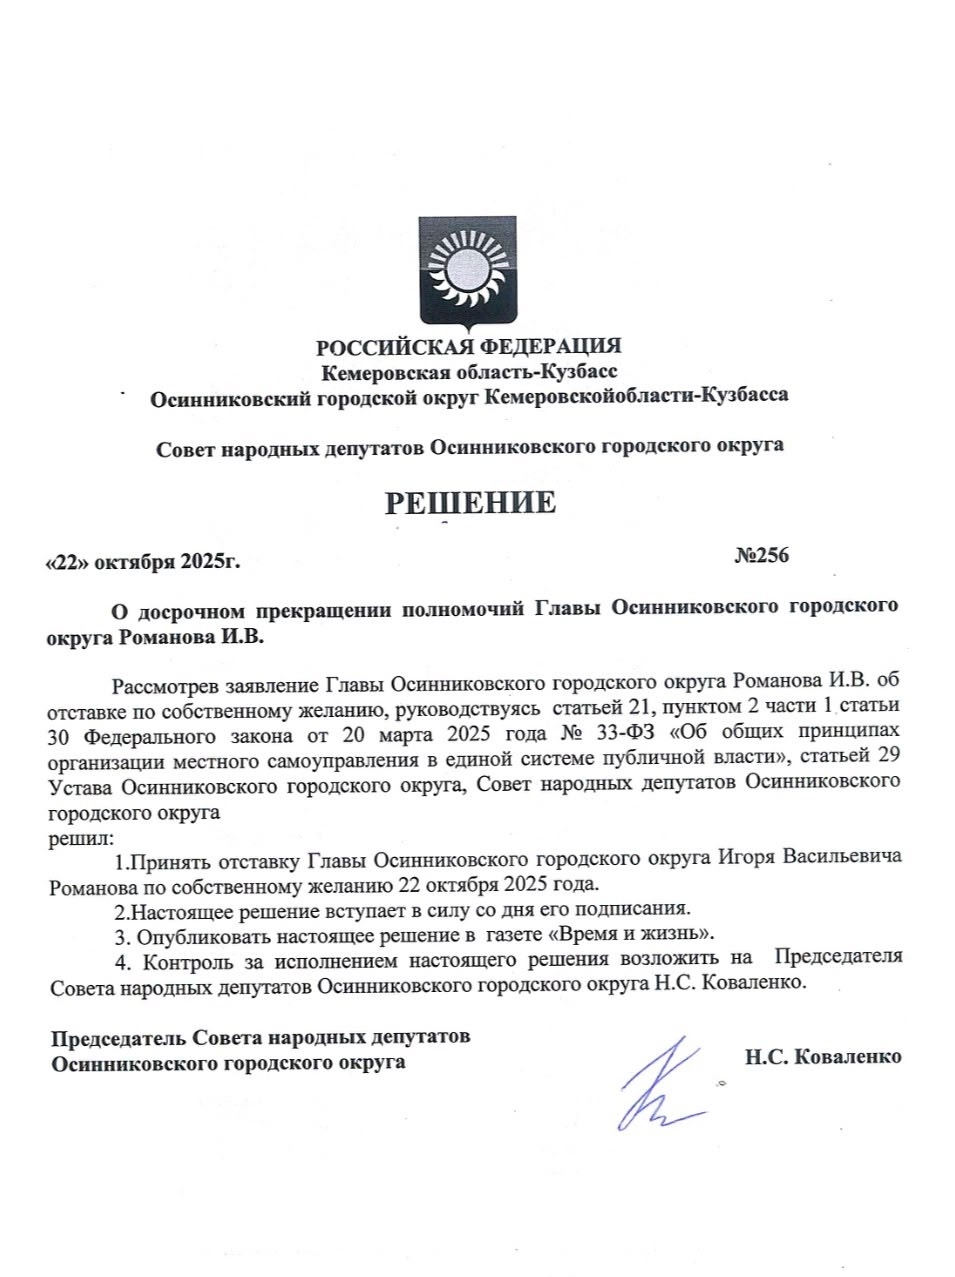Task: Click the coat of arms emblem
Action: click(x=467, y=271)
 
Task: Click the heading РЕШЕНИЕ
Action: click(x=470, y=502)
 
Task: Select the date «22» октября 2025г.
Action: click(x=143, y=561)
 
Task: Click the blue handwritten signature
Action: click(x=660, y=1085)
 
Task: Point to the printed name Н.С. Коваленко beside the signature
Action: click(x=822, y=1056)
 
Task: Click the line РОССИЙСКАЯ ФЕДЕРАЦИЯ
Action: click(x=468, y=347)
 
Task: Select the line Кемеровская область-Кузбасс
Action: click(x=468, y=371)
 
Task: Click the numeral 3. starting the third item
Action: click(x=121, y=937)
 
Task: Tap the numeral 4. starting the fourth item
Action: click(x=123, y=961)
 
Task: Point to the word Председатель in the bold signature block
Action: click(x=119, y=1037)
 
